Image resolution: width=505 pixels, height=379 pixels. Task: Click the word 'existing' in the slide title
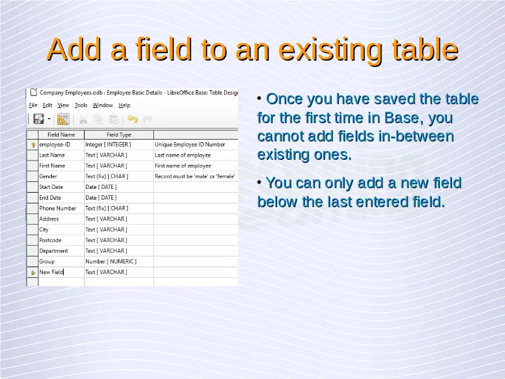click(x=331, y=50)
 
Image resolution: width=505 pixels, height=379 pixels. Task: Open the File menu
click(x=33, y=105)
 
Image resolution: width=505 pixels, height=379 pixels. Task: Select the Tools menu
click(x=81, y=105)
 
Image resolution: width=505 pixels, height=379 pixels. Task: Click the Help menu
click(x=124, y=105)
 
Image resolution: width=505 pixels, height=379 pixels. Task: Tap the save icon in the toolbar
click(x=39, y=119)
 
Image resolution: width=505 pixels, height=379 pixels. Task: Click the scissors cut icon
click(x=83, y=119)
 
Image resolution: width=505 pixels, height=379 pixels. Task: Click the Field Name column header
click(x=61, y=135)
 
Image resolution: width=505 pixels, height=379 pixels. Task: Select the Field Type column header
click(x=119, y=135)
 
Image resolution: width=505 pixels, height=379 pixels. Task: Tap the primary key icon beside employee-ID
click(x=33, y=145)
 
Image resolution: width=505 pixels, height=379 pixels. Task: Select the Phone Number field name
click(x=57, y=208)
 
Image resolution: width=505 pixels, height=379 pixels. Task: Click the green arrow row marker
click(x=33, y=273)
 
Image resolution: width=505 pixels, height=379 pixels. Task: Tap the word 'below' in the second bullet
click(x=277, y=202)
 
